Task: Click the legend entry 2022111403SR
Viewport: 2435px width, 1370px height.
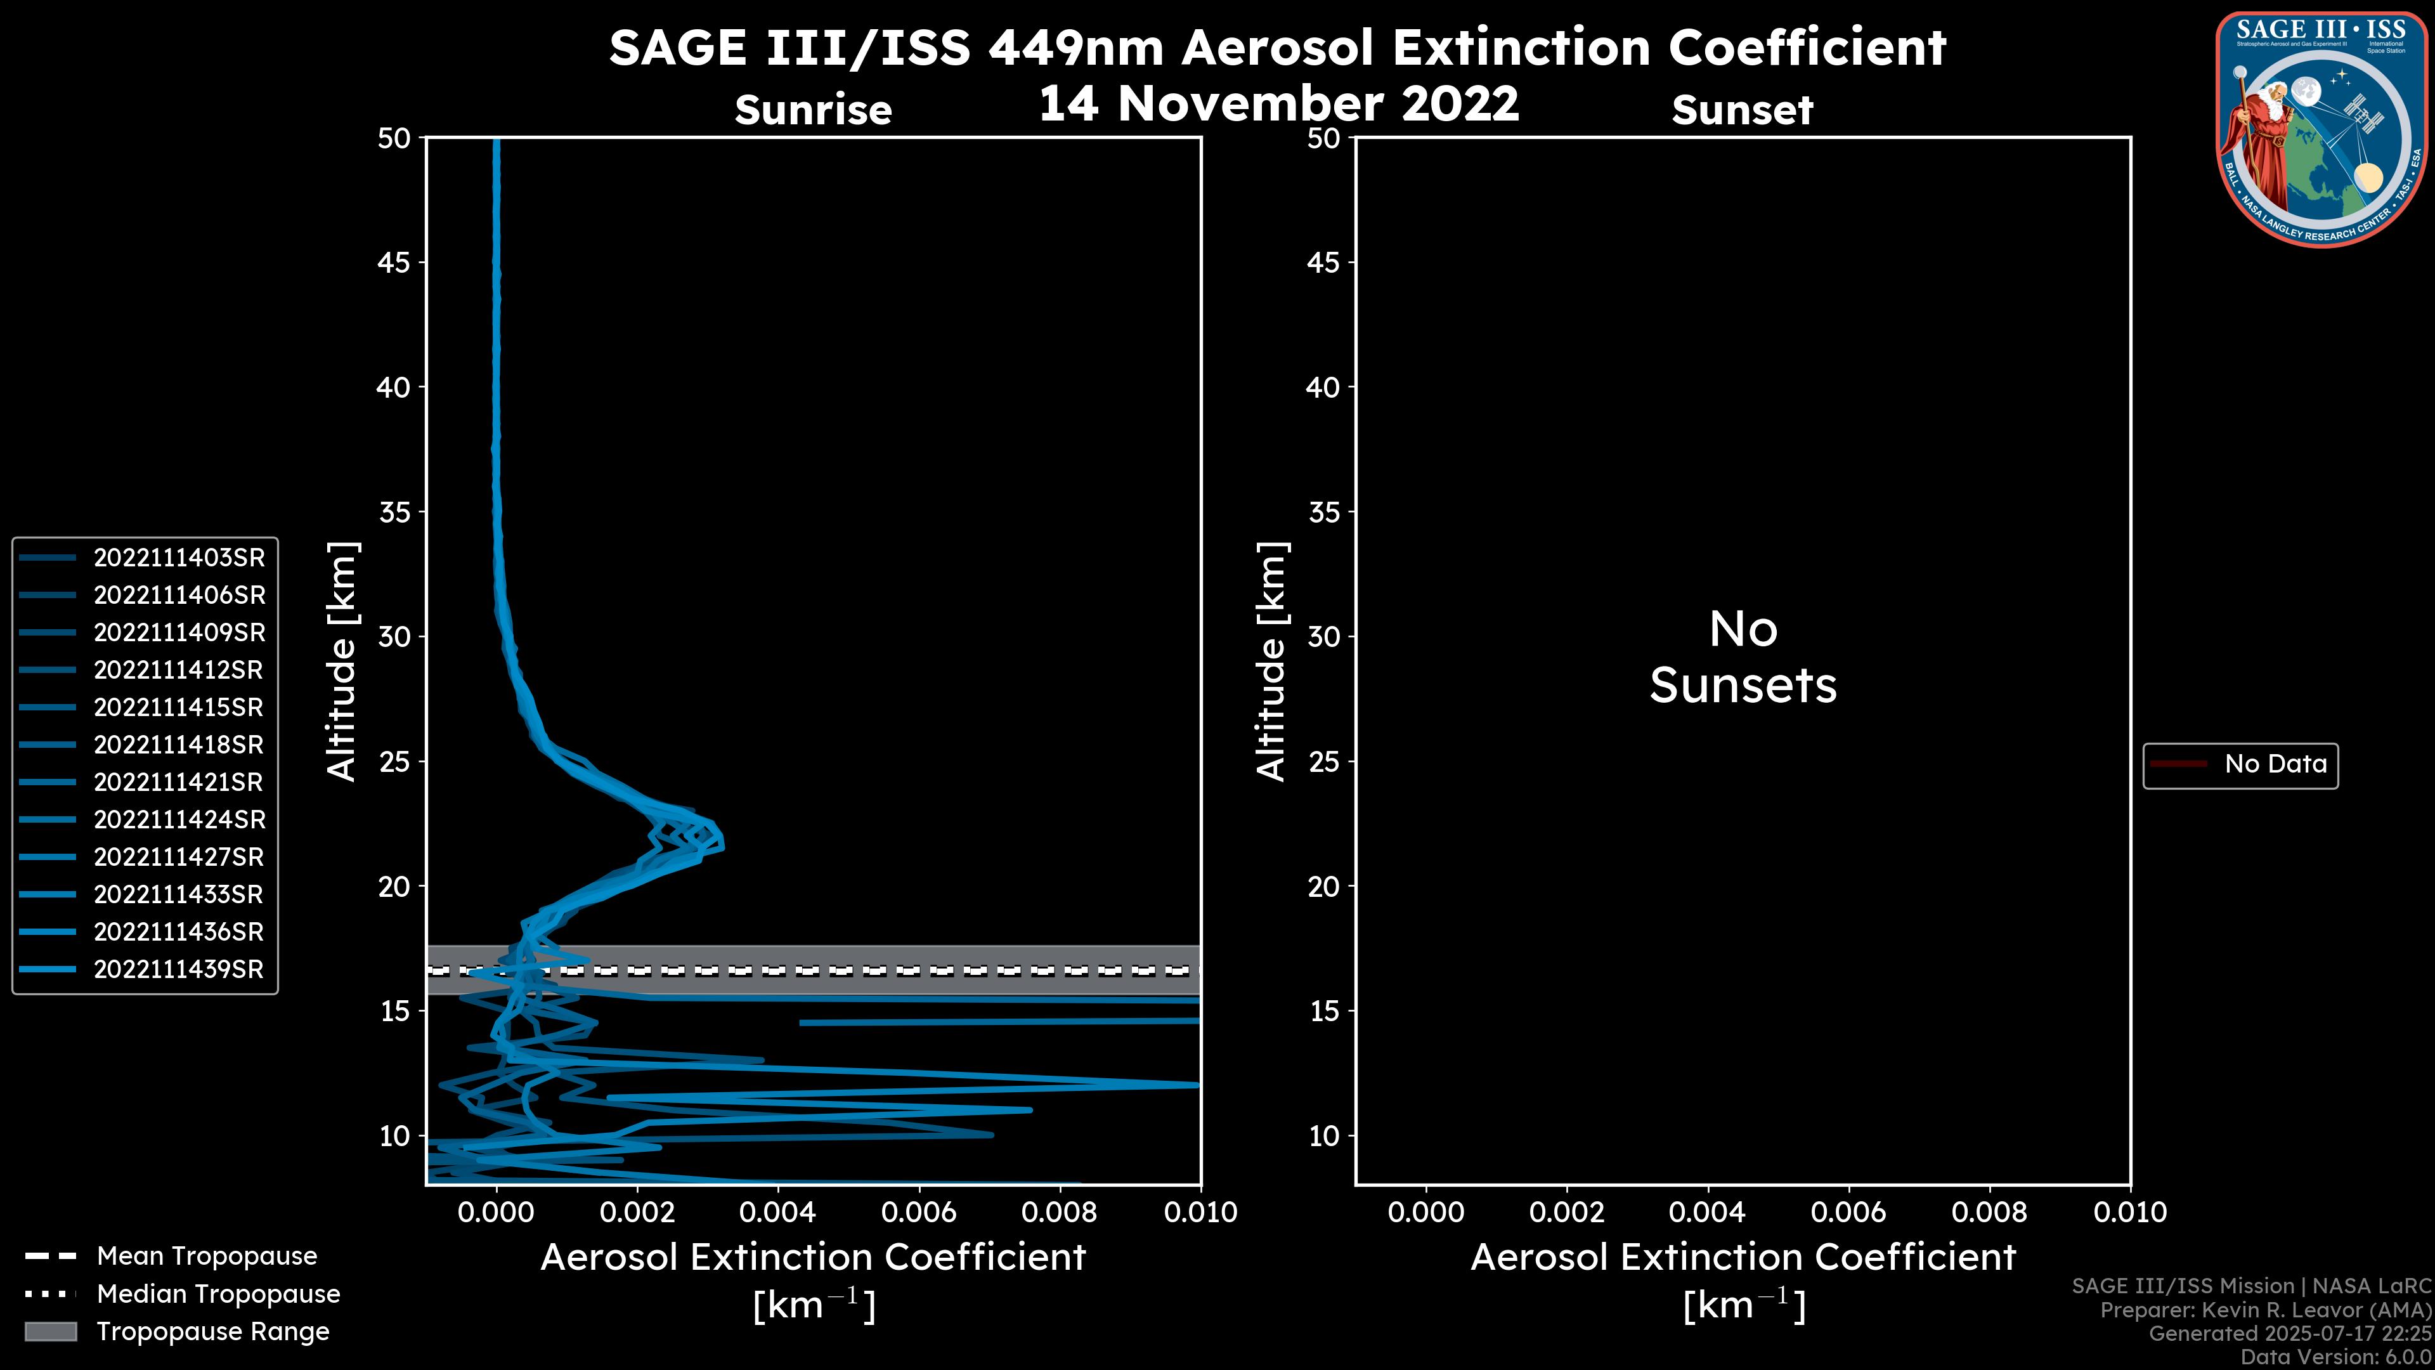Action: point(179,558)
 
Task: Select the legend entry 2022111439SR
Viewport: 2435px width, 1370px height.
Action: point(179,969)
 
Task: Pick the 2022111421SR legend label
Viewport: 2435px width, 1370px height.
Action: point(179,782)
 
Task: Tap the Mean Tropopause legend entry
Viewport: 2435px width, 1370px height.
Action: point(207,1256)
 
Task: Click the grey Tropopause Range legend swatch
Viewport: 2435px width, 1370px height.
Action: point(51,1331)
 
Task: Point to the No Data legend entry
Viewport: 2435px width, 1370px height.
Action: point(2275,764)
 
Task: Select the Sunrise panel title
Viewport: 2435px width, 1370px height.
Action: point(813,110)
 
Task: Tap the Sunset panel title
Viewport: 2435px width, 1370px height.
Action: point(1742,110)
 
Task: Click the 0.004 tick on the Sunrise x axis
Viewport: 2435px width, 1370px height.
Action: point(777,1212)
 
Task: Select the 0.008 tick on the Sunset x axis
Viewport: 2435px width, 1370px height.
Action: point(1990,1212)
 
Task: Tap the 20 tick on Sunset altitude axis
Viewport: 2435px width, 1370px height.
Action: point(1323,887)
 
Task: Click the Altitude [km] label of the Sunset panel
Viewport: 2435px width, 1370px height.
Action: point(1271,661)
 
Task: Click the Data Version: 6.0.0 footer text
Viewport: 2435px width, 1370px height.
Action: point(2335,1357)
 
